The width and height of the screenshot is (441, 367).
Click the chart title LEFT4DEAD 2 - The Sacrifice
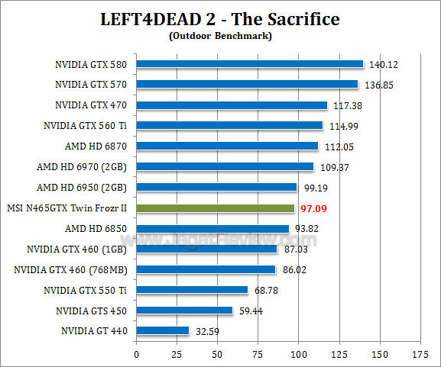point(220,18)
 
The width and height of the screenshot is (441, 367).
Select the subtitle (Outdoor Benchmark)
point(220,34)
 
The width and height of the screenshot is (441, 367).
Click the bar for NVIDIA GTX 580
point(249,64)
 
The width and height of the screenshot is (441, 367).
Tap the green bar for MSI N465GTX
point(215,208)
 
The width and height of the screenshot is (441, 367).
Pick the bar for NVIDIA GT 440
point(162,331)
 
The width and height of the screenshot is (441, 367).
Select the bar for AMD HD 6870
point(227,146)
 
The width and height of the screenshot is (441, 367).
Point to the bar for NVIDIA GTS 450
point(184,311)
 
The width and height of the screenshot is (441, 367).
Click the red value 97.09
point(314,208)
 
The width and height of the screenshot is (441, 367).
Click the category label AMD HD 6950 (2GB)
point(81,187)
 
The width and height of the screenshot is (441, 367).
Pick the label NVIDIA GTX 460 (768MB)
point(70,269)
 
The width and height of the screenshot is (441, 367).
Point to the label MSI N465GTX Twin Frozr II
point(66,208)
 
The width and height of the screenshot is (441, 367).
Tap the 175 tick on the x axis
point(420,355)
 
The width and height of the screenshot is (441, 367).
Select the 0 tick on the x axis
point(136,355)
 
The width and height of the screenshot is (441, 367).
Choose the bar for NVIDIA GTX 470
point(231,105)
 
